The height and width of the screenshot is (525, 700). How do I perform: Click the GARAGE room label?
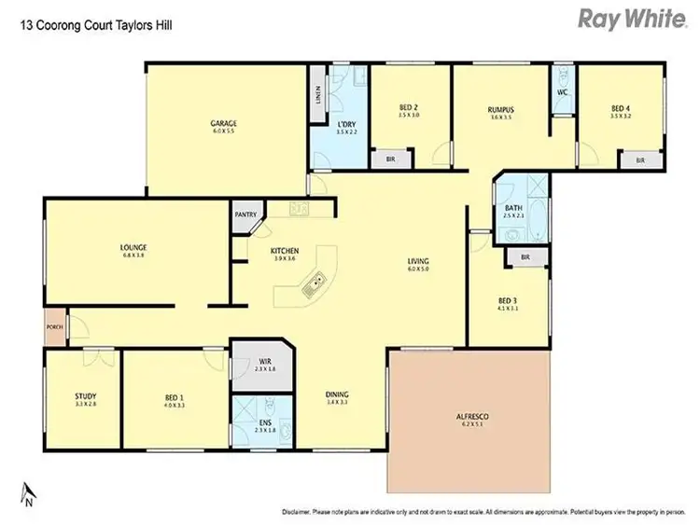pyautogui.click(x=222, y=123)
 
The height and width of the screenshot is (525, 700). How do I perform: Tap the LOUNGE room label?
pyautogui.click(x=133, y=247)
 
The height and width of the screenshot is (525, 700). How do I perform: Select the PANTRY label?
pyautogui.click(x=245, y=214)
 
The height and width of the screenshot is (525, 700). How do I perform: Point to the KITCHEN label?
pyautogui.click(x=284, y=251)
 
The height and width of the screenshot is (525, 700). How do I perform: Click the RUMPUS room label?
pyautogui.click(x=502, y=109)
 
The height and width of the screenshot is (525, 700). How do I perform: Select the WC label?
pyautogui.click(x=562, y=92)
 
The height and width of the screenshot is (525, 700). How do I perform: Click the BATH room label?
pyautogui.click(x=513, y=208)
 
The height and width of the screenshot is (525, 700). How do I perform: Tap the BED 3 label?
pyautogui.click(x=508, y=299)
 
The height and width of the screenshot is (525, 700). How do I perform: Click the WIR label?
pyautogui.click(x=265, y=362)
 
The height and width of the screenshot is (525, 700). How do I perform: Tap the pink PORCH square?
pyautogui.click(x=53, y=328)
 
